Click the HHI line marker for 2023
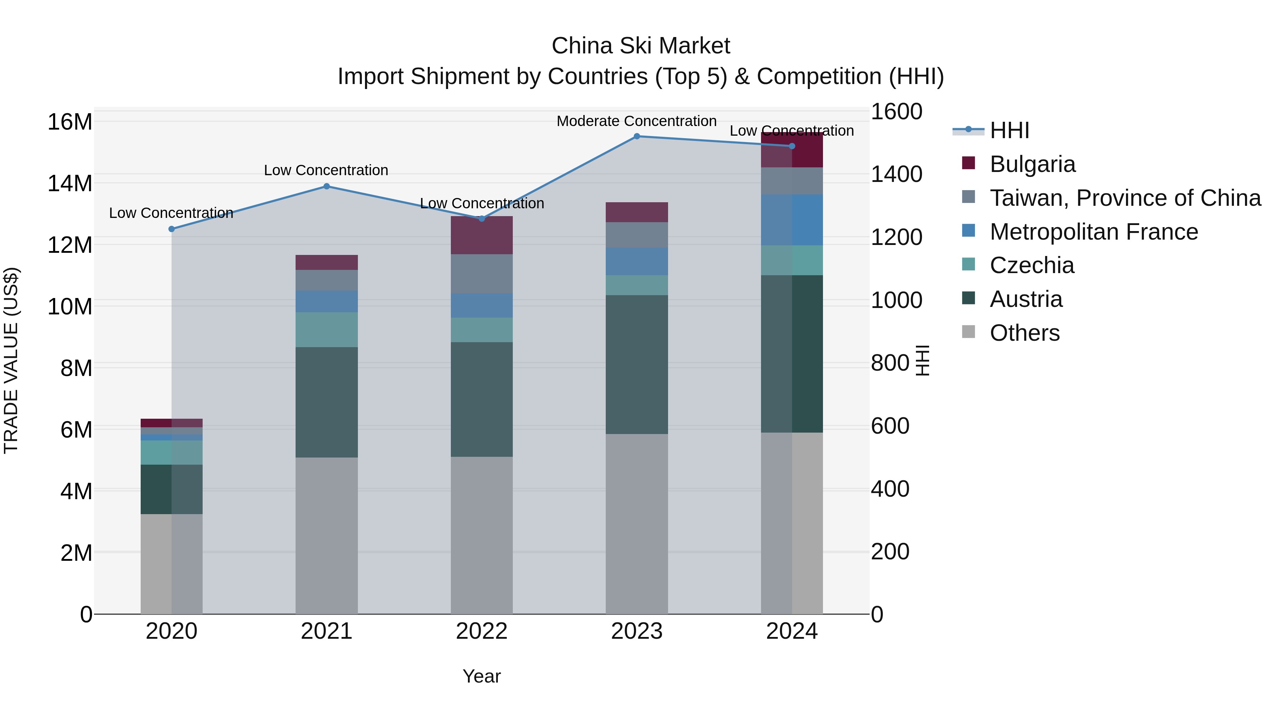(636, 136)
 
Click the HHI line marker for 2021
(327, 187)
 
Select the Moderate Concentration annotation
(636, 121)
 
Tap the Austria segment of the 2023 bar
(636, 364)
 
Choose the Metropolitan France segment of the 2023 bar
(636, 261)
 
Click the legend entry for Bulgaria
(1032, 164)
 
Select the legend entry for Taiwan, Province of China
(1125, 198)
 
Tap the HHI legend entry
(1009, 130)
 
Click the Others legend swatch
(969, 332)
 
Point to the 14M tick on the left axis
(70, 184)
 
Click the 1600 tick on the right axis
(896, 111)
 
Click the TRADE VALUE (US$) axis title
(11, 360)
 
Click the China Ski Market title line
(641, 46)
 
